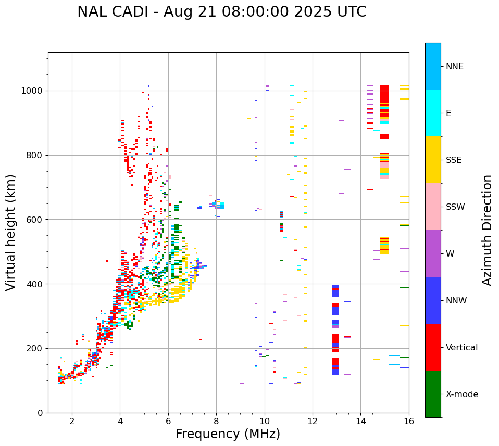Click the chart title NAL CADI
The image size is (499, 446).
221,12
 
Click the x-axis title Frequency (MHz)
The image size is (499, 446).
228,434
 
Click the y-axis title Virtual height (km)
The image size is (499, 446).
11,233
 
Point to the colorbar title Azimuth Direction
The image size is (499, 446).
487,230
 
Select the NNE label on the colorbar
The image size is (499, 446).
455,67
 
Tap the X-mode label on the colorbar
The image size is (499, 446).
462,394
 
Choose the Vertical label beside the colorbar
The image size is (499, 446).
461,348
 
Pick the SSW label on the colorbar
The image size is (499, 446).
455,207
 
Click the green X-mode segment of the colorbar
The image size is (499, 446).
433,394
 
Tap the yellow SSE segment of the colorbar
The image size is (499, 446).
433,160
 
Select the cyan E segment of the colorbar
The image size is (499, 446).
433,113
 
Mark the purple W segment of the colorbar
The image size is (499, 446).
433,253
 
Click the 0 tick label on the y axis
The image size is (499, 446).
41,413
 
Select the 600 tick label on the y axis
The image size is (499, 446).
36,220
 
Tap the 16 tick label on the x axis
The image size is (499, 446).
409,422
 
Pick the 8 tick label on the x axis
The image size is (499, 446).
216,422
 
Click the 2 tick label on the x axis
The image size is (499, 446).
72,422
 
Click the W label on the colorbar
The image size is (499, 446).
450,254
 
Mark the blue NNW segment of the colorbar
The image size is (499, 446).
433,300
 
